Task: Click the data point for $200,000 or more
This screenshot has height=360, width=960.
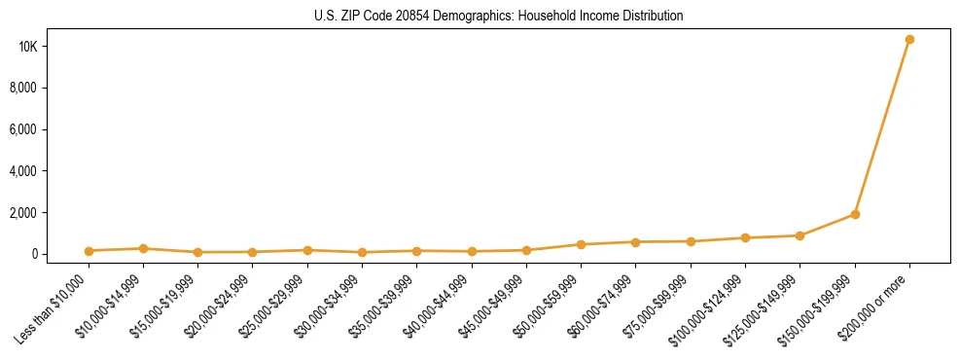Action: point(909,40)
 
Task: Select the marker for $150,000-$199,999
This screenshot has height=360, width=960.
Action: point(855,214)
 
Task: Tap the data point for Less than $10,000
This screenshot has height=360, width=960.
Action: point(89,251)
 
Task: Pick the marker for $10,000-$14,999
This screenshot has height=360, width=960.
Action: point(143,248)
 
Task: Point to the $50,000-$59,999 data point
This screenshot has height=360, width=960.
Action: point(581,244)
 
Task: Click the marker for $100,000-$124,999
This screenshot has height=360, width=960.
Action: point(745,237)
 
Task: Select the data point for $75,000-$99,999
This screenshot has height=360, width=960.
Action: point(691,241)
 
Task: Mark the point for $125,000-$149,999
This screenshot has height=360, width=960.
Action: point(800,235)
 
